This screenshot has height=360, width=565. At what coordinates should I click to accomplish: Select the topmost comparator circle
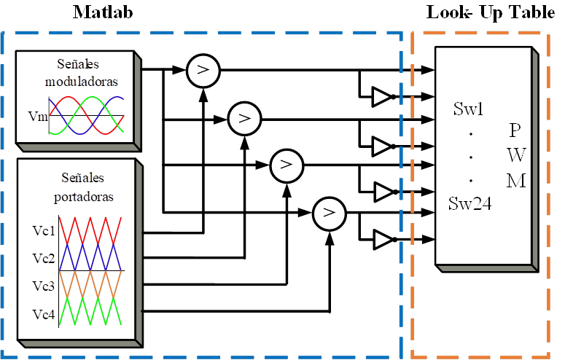click(x=198, y=70)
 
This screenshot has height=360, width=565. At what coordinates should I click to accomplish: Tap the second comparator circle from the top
click(x=240, y=117)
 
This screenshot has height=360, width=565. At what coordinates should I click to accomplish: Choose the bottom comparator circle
click(x=328, y=213)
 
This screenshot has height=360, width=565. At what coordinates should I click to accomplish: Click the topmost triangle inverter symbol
click(x=381, y=96)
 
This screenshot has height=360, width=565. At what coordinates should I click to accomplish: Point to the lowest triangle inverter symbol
click(x=381, y=238)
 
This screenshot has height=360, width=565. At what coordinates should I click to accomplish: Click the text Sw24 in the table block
click(x=470, y=204)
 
